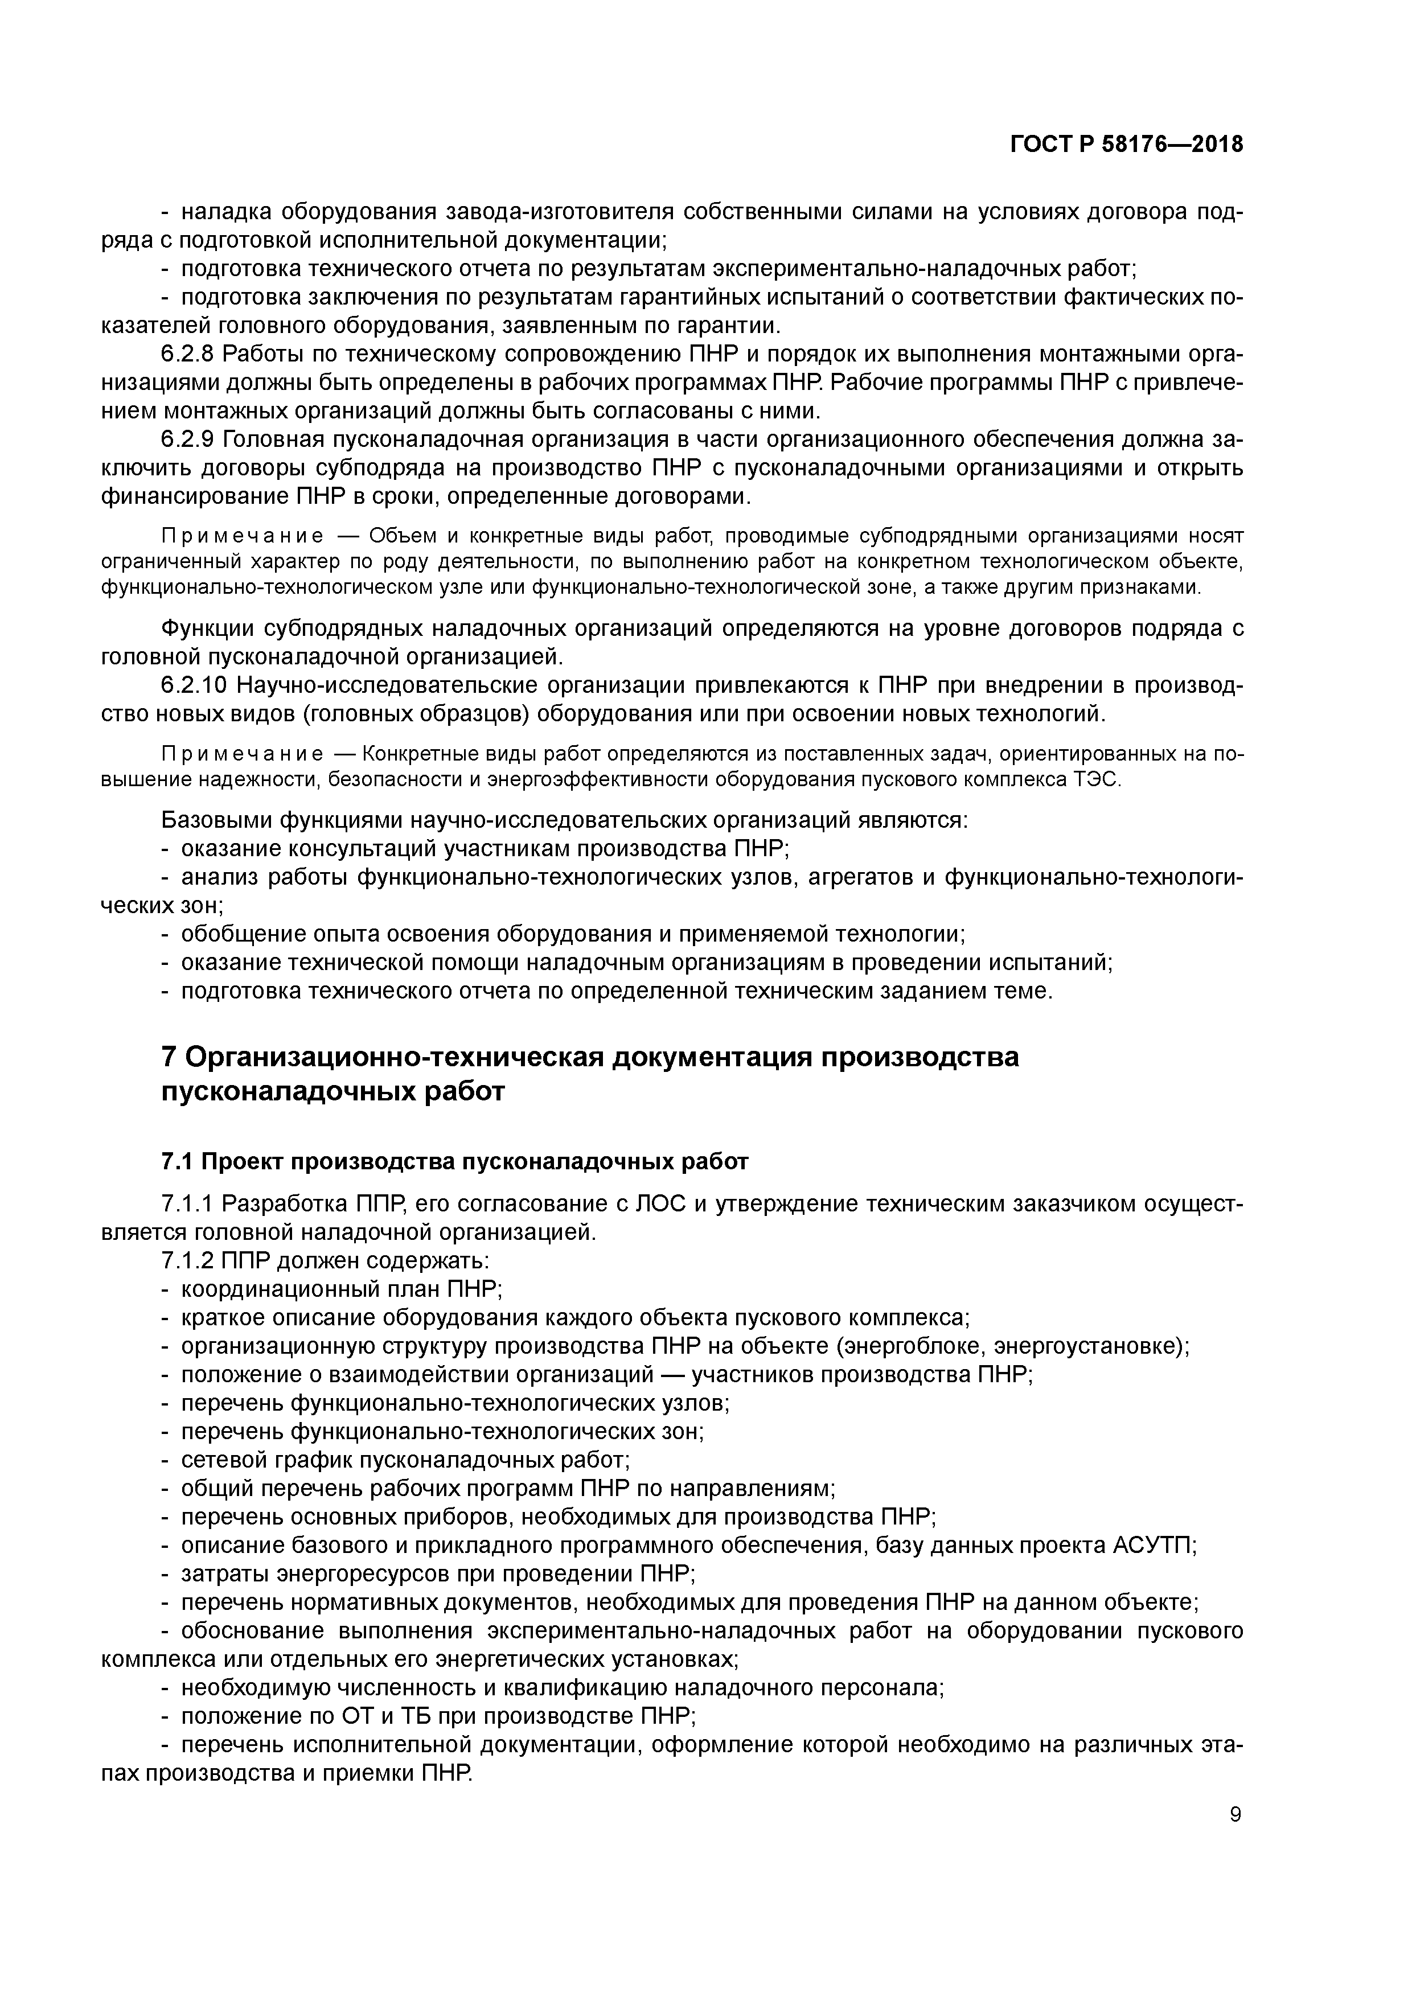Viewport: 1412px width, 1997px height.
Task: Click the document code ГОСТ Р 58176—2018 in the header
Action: point(1127,145)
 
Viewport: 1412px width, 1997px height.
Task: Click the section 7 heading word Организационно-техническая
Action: point(392,1058)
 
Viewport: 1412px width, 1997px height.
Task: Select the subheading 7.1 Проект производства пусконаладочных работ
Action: point(455,1162)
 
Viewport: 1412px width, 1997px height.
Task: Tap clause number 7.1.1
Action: point(187,1204)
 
